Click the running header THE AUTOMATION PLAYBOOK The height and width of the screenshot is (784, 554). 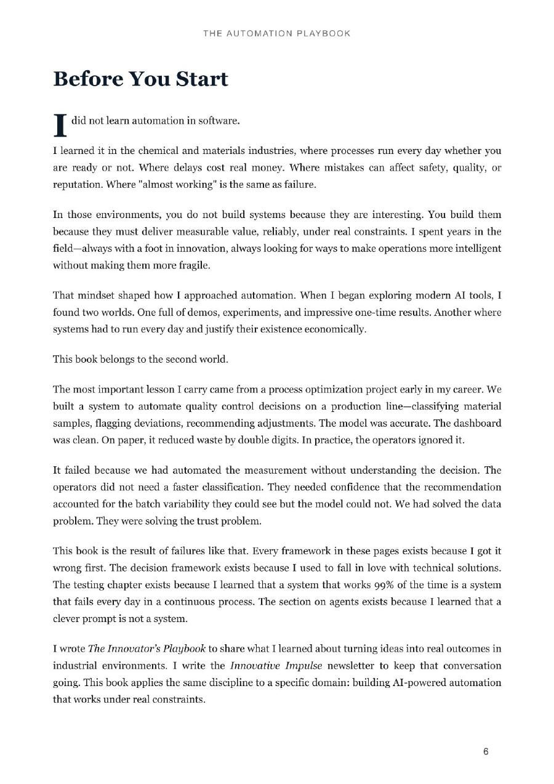tap(277, 33)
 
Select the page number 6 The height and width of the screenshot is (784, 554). tap(486, 751)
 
